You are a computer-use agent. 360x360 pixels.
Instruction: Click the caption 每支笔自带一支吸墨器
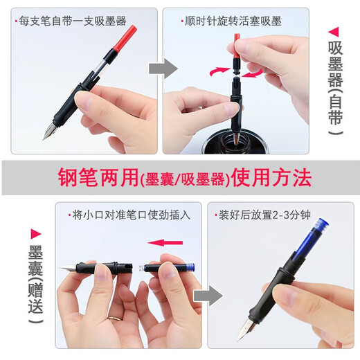pyautogui.click(x=73, y=21)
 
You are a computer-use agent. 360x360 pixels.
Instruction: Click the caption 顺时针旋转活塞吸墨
pyautogui.click(x=233, y=21)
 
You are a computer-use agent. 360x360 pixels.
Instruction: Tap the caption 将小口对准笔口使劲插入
pyautogui.click(x=132, y=215)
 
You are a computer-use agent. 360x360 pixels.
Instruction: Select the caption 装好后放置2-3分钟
pyautogui.click(x=264, y=215)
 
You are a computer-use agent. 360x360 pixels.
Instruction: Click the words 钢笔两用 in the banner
pyautogui.click(x=98, y=177)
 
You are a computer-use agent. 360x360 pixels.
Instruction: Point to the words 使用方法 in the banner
pyautogui.click(x=271, y=177)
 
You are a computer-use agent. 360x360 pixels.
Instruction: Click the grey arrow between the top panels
pyautogui.click(x=163, y=69)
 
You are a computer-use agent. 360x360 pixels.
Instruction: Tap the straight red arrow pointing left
pyautogui.click(x=165, y=242)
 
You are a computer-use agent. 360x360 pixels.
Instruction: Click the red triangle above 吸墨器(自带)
pyautogui.click(x=334, y=32)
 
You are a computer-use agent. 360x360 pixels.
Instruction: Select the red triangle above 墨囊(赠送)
pyautogui.click(x=36, y=234)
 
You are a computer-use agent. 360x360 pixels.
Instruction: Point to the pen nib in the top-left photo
pyautogui.click(x=50, y=131)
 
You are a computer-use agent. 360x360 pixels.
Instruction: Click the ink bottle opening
pyautogui.click(x=235, y=141)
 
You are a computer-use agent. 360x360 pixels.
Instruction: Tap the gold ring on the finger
pyautogui.click(x=114, y=318)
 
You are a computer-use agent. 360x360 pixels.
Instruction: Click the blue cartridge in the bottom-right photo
pyautogui.click(x=312, y=239)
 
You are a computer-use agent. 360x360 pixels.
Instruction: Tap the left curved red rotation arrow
pyautogui.click(x=219, y=71)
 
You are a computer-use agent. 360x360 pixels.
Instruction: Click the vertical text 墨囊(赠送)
pyautogui.click(x=35, y=285)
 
